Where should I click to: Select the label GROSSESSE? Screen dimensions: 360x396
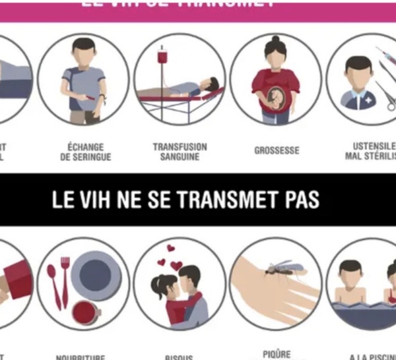[x=277, y=151]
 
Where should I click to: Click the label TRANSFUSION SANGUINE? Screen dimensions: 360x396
[x=180, y=152]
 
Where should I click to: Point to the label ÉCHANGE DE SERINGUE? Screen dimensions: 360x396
[x=86, y=152]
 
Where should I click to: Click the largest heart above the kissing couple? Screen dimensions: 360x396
[x=177, y=266]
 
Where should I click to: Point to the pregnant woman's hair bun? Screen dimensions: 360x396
[x=272, y=40]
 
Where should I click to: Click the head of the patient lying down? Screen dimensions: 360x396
[x=210, y=85]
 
